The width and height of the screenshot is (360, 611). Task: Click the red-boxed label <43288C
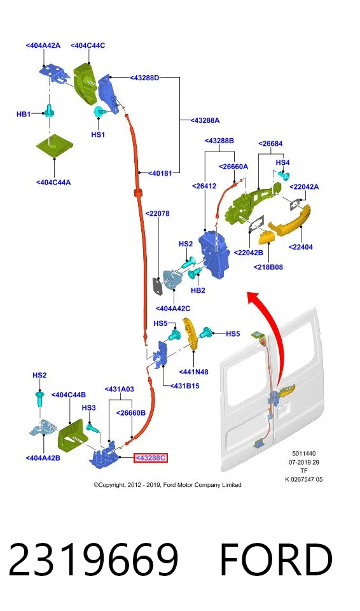pos(150,458)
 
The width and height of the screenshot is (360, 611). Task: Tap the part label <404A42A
pos(43,46)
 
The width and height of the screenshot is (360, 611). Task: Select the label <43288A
pos(205,120)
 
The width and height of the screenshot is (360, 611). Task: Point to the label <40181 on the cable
pos(160,172)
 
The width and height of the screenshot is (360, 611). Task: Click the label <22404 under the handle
pos(300,247)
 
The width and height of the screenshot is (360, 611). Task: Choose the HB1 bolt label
pos(24,114)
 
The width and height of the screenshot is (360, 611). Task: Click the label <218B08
pos(268,267)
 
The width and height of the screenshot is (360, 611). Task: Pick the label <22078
pos(157,214)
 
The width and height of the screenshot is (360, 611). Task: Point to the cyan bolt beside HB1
pos(50,111)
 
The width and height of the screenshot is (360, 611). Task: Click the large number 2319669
pos(93,559)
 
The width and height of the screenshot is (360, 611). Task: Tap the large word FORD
pos(276,559)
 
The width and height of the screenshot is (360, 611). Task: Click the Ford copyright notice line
pos(167,485)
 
